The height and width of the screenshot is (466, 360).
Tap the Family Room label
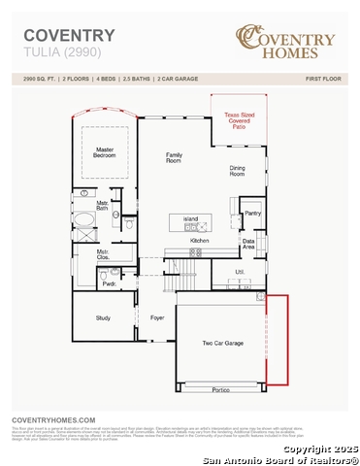point(175,157)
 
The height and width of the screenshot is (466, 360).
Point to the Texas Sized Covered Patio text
point(238,120)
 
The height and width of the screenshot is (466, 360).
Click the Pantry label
point(252,213)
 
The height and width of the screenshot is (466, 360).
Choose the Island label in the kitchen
point(190,219)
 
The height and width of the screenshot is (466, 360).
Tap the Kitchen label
point(199,239)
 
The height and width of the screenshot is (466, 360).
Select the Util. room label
point(239,273)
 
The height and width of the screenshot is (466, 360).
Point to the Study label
point(103,317)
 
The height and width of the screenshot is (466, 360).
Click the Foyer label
point(157,317)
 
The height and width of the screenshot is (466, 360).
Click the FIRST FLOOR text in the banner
point(325,77)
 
